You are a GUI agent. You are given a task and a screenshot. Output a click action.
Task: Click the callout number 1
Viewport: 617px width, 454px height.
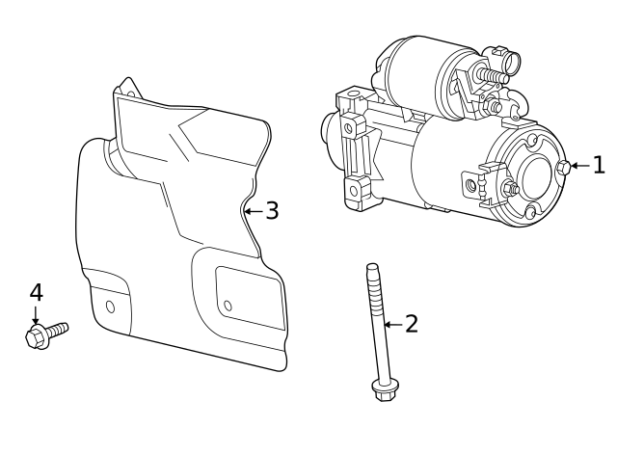[x=599, y=165]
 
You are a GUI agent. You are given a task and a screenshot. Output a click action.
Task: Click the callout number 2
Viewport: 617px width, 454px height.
[x=412, y=324]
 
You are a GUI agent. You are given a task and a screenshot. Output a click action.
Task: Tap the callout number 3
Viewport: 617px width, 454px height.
[x=272, y=210]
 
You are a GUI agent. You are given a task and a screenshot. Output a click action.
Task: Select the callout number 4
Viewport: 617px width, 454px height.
[x=36, y=291]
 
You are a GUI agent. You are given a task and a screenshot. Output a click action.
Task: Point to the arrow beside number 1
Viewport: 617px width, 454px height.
[x=578, y=166]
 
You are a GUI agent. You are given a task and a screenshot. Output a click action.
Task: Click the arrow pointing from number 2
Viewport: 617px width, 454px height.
[x=392, y=325]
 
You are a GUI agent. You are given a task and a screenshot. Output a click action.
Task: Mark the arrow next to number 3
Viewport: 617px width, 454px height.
[x=253, y=210]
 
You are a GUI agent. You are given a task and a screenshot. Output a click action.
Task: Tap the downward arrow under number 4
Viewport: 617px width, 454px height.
[x=36, y=314]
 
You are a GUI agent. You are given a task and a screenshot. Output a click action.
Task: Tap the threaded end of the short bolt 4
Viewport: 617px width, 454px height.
[x=61, y=329]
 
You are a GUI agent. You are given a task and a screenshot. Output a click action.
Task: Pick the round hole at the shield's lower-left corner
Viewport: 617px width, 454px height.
[x=110, y=307]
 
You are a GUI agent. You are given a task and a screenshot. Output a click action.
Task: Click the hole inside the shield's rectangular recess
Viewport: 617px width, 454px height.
[x=228, y=307]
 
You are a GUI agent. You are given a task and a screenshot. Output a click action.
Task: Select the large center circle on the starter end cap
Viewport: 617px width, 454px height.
[x=531, y=176]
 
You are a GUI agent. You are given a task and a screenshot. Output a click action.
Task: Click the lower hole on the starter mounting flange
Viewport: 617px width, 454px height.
[x=354, y=190]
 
